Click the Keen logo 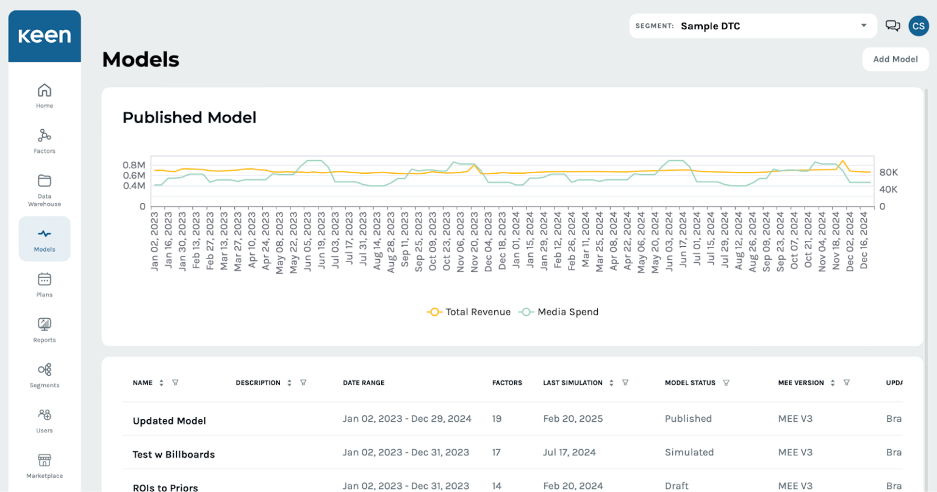(x=45, y=36)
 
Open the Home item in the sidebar (x=45, y=96)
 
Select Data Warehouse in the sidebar (x=45, y=189)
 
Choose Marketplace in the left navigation (x=45, y=466)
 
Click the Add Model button (x=895, y=59)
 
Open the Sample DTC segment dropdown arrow (x=864, y=26)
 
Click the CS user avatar (x=918, y=26)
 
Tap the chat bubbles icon (x=892, y=26)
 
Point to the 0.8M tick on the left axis (x=134, y=165)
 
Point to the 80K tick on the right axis (x=888, y=173)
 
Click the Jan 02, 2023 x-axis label (x=154, y=241)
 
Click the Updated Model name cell (x=170, y=421)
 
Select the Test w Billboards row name (x=174, y=454)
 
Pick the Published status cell (x=688, y=419)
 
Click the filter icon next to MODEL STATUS (x=726, y=383)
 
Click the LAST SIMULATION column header (x=573, y=383)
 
